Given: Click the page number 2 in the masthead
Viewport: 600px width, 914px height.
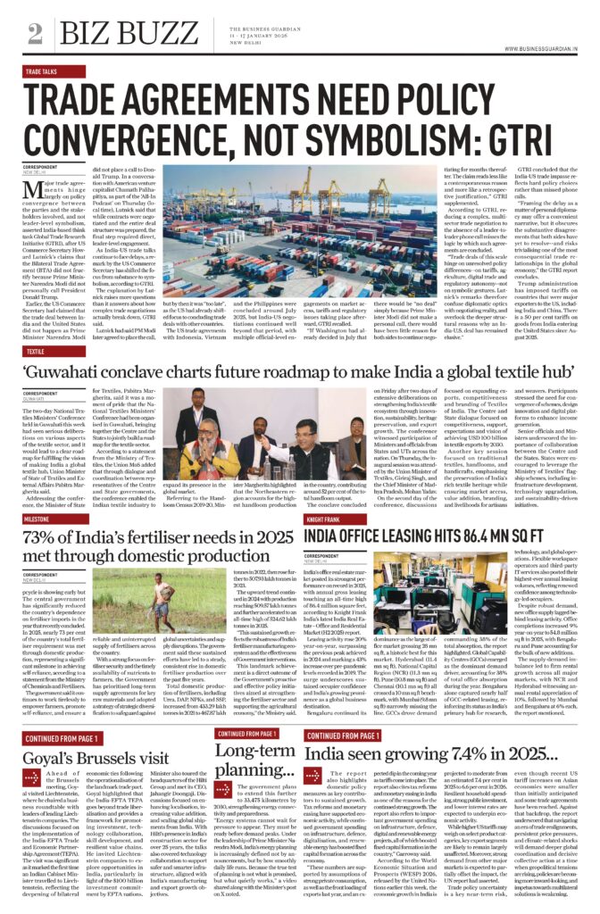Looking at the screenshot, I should [35, 34].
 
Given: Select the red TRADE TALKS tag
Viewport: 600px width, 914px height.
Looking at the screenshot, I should [41, 71].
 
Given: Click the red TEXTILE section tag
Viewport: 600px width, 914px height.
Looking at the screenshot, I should [35, 352].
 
